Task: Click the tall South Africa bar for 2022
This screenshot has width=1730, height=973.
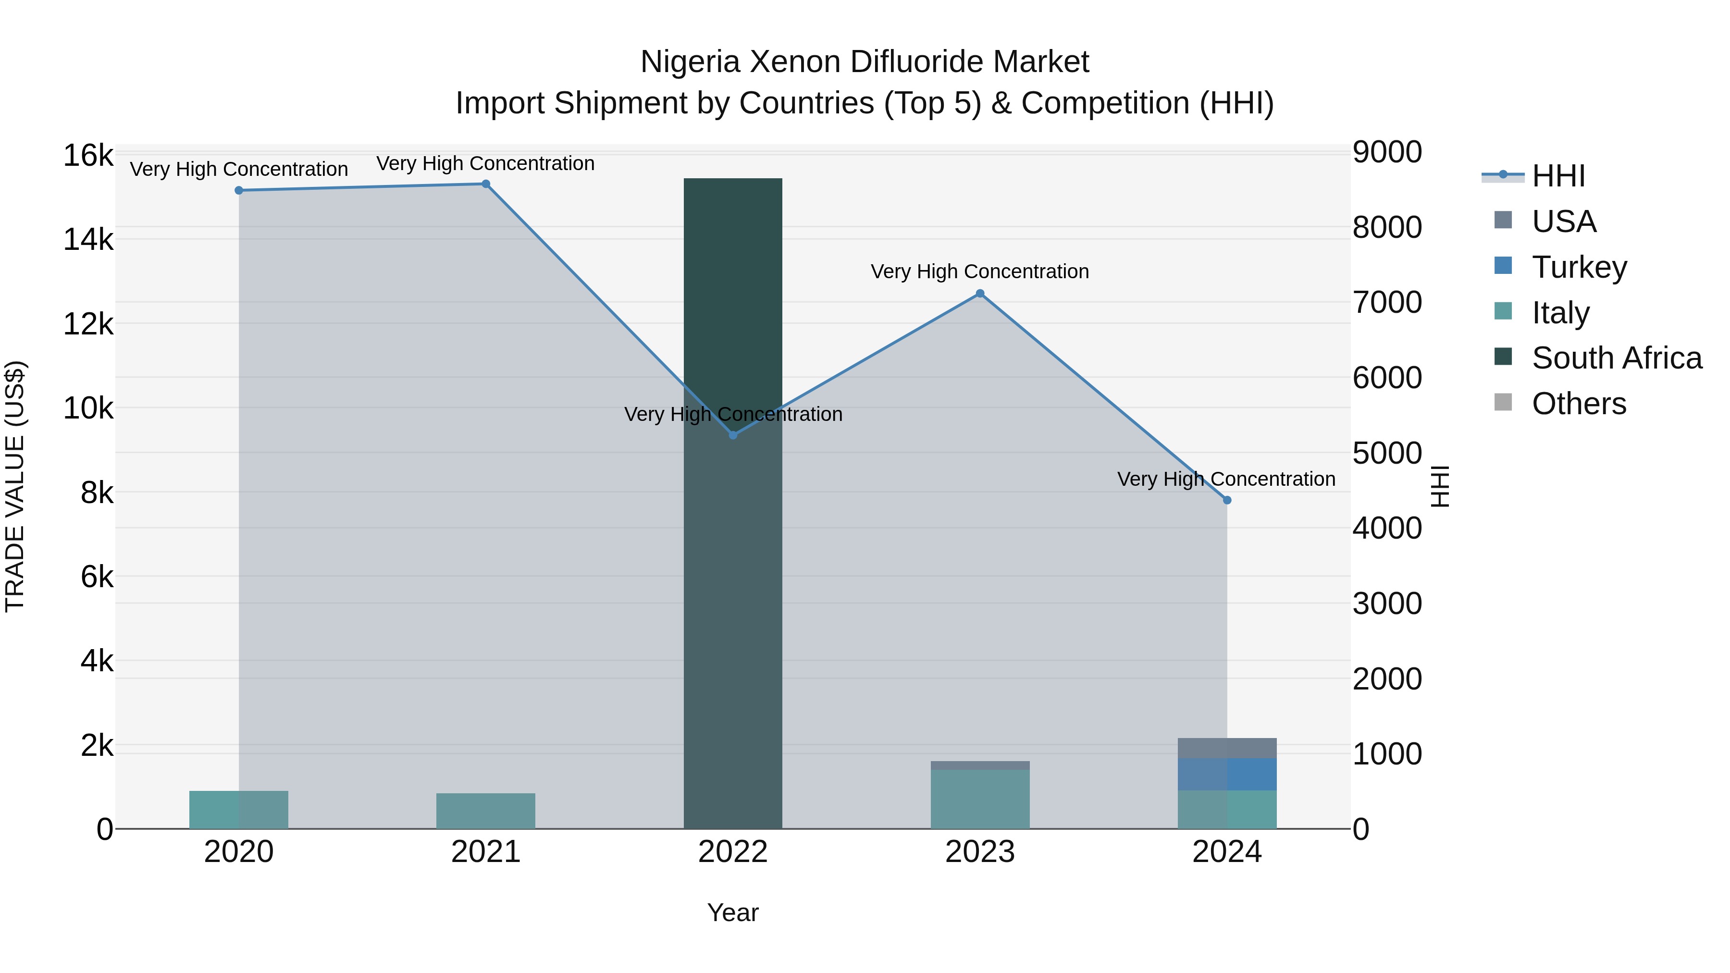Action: pyautogui.click(x=733, y=504)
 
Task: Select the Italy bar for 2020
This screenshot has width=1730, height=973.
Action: pyautogui.click(x=238, y=810)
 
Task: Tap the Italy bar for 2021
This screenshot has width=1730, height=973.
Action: pyautogui.click(x=485, y=811)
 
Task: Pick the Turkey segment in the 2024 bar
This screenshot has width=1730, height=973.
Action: pyautogui.click(x=1227, y=774)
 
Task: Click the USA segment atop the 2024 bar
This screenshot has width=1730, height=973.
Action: pyautogui.click(x=1227, y=748)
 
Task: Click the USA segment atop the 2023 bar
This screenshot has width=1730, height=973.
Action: pyautogui.click(x=980, y=765)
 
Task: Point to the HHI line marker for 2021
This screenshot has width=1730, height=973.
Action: pyautogui.click(x=485, y=184)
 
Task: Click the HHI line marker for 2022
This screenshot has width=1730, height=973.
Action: pyautogui.click(x=733, y=435)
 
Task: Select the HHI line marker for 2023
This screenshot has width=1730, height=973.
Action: pyautogui.click(x=980, y=294)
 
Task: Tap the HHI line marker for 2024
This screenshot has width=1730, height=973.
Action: pyautogui.click(x=1227, y=500)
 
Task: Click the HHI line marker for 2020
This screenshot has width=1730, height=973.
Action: pyautogui.click(x=238, y=191)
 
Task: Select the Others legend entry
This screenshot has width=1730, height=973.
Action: pyautogui.click(x=1578, y=404)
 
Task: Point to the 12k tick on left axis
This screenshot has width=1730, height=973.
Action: pyautogui.click(x=88, y=324)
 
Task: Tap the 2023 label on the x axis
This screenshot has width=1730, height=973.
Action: pyautogui.click(x=980, y=852)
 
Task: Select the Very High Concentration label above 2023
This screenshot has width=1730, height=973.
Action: pyautogui.click(x=980, y=271)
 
